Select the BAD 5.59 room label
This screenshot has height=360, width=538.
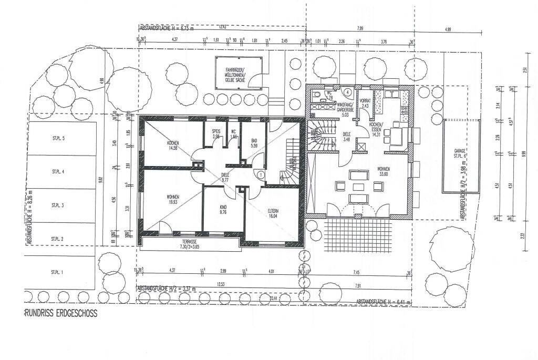tap(254, 143)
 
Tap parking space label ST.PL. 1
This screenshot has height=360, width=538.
tap(57, 272)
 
